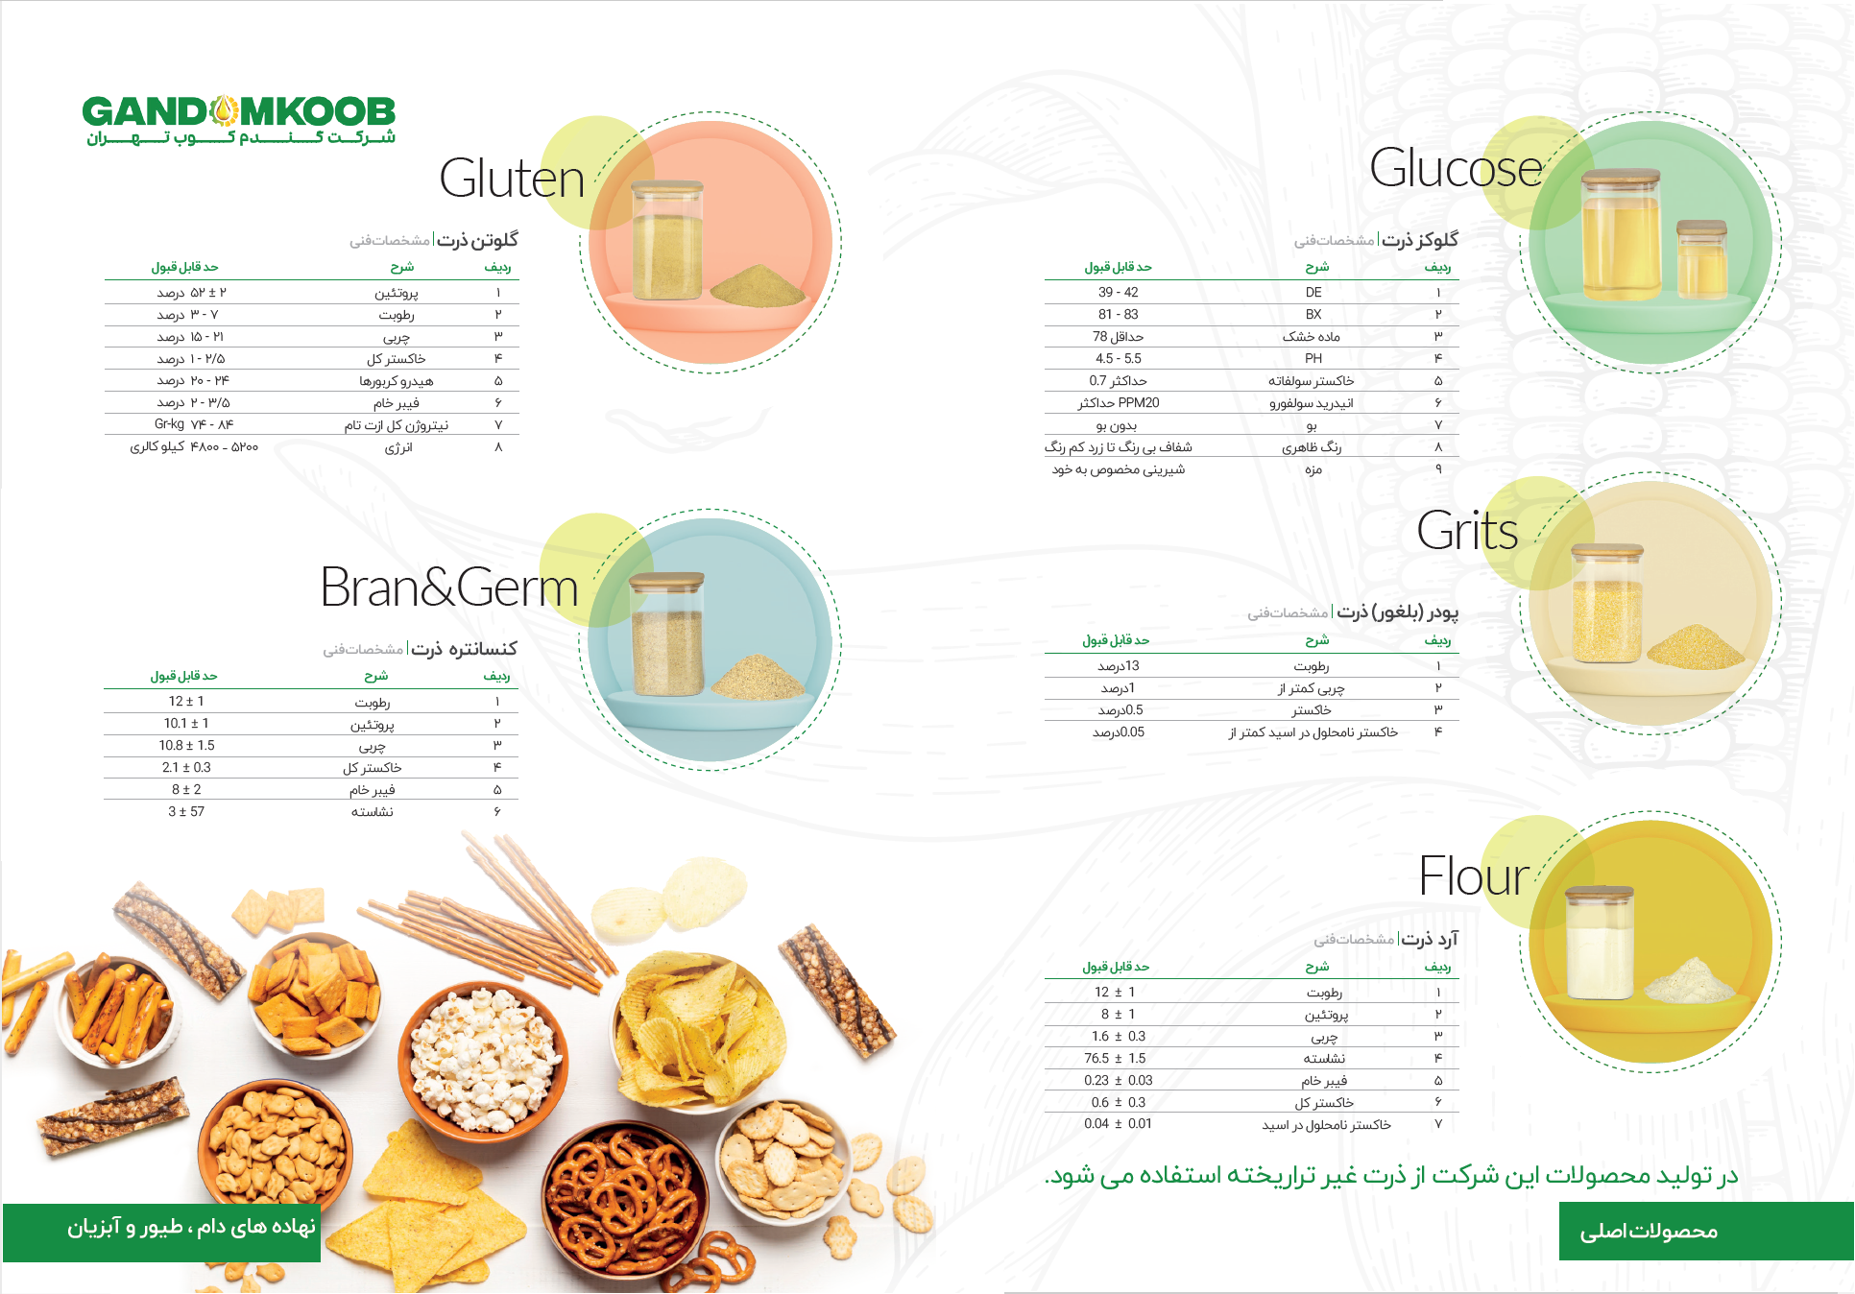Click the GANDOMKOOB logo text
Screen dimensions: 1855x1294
pyautogui.click(x=239, y=111)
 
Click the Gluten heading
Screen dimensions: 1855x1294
pyautogui.click(x=512, y=179)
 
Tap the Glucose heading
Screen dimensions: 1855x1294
pyautogui.click(x=1456, y=168)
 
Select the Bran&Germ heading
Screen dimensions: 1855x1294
pyautogui.click(x=449, y=587)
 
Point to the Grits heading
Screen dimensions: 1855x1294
pyautogui.click(x=1467, y=530)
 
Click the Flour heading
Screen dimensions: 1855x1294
pyautogui.click(x=1474, y=876)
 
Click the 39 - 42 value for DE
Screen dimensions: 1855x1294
pyautogui.click(x=1118, y=292)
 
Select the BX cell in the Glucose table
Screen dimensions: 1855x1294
pyautogui.click(x=1313, y=314)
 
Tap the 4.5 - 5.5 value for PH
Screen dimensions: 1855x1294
pyautogui.click(x=1119, y=358)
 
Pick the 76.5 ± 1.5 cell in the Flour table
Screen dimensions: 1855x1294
pyautogui.click(x=1115, y=1058)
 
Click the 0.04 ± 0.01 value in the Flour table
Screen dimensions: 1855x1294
pyautogui.click(x=1118, y=1123)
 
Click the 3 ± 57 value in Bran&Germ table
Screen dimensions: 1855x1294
pyautogui.click(x=186, y=811)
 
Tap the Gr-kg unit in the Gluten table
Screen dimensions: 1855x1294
pyautogui.click(x=169, y=423)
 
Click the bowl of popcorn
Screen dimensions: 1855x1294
pyautogui.click(x=484, y=1057)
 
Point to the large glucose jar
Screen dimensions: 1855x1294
pyautogui.click(x=1621, y=235)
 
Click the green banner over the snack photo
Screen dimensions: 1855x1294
pyautogui.click(x=161, y=1233)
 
